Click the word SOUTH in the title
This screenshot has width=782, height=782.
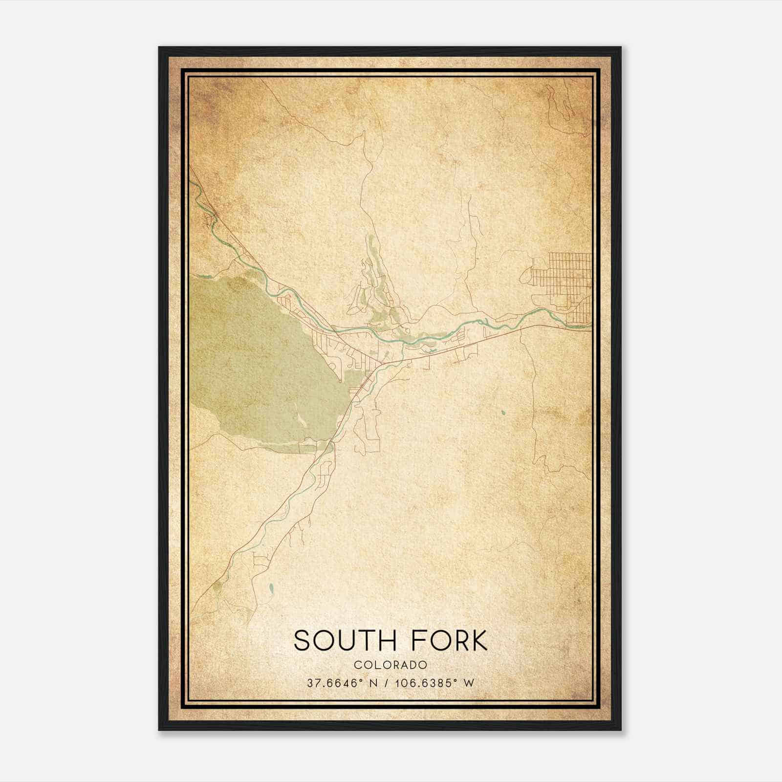click(x=342, y=641)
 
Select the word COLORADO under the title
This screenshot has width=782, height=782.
click(x=391, y=665)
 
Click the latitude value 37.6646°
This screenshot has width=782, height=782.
click(x=334, y=683)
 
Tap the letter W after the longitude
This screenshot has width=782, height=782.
click(x=469, y=683)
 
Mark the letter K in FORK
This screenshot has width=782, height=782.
click(x=478, y=641)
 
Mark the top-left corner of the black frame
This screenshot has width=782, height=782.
click(x=160, y=48)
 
